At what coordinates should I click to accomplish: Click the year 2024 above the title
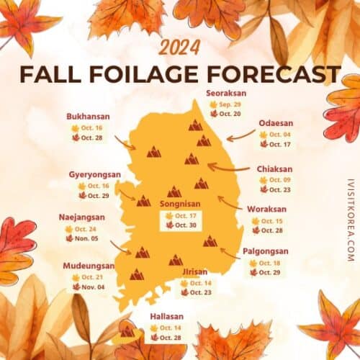[x=180, y=48]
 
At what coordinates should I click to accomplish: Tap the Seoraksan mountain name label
[x=224, y=93]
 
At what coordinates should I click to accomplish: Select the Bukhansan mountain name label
[x=89, y=116]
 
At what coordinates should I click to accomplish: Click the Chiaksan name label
[x=274, y=169]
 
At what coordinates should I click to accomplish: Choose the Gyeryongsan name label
[x=95, y=175]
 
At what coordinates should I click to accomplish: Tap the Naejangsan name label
[x=81, y=217]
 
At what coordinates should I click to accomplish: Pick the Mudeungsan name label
[x=89, y=266]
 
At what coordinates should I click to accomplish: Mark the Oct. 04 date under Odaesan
[x=279, y=135]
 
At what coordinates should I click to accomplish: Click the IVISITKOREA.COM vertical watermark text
[x=350, y=220]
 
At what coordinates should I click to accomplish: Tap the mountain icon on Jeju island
[x=127, y=332]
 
